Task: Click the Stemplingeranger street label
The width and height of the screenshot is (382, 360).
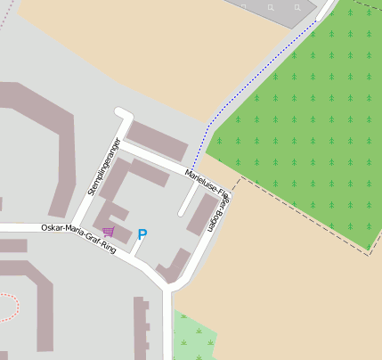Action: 104,167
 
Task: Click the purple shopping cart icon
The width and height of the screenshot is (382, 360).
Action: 109,232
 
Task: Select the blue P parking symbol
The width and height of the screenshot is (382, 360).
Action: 142,235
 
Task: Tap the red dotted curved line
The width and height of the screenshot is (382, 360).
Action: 11,307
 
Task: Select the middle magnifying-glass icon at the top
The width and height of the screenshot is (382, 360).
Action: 271,7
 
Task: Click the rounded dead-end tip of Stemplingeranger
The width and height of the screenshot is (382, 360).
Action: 121,113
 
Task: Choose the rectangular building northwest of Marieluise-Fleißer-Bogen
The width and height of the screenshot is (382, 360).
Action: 158,140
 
